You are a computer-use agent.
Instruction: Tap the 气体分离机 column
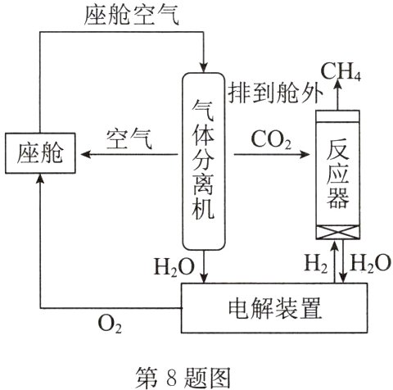(201, 160)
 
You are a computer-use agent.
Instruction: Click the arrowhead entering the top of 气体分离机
(201, 66)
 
